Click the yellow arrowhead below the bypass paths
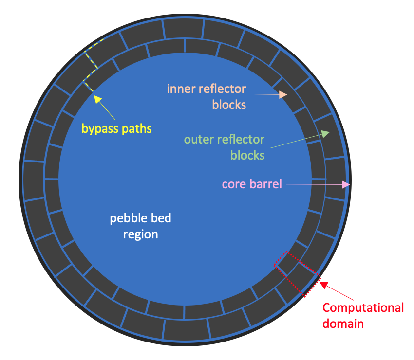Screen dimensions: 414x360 coord(97,99)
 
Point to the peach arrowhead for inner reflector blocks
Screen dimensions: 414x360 coord(283,95)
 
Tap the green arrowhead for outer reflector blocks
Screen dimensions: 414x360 coord(325,133)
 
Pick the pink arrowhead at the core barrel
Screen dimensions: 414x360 coord(346,184)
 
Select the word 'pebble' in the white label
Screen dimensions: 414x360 coord(126,218)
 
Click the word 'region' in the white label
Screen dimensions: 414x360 coord(140,234)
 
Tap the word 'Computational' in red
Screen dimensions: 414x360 coord(363,308)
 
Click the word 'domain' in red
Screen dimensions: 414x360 coord(343,324)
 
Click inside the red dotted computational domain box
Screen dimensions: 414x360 coord(297,274)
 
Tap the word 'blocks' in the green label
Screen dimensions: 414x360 coord(247,155)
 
